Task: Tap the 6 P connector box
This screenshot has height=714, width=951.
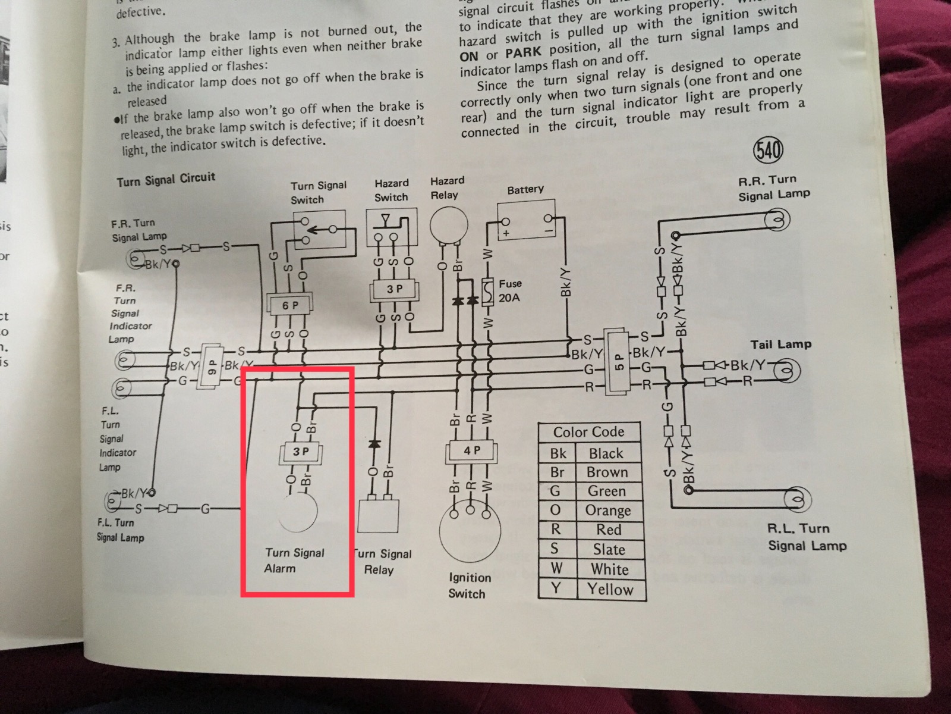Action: pos(291,305)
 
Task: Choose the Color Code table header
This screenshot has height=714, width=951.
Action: pos(588,432)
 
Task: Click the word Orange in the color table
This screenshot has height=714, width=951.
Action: pos(607,511)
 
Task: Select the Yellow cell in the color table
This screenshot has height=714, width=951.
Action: pos(610,589)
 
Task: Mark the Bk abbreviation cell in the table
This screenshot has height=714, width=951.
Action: pos(558,453)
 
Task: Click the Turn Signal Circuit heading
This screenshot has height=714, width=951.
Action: pos(166,179)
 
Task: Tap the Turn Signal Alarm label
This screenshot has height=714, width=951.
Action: pos(294,560)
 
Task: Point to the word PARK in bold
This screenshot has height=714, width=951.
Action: pos(522,52)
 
